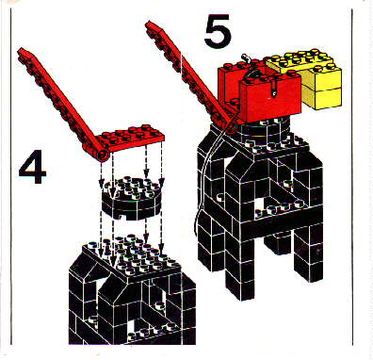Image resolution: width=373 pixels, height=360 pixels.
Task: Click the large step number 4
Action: click(33, 167)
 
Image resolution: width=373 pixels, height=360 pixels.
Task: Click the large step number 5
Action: click(218, 31)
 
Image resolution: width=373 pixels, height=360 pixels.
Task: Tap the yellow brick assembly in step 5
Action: click(309, 77)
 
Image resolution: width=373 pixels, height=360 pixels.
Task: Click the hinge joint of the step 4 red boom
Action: click(103, 155)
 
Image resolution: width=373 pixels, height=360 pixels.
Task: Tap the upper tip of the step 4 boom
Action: click(21, 50)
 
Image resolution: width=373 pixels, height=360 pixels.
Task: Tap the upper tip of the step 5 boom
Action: click(148, 24)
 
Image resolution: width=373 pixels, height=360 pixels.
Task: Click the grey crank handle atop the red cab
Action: click(247, 58)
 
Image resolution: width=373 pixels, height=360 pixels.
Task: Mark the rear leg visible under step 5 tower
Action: click(277, 242)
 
